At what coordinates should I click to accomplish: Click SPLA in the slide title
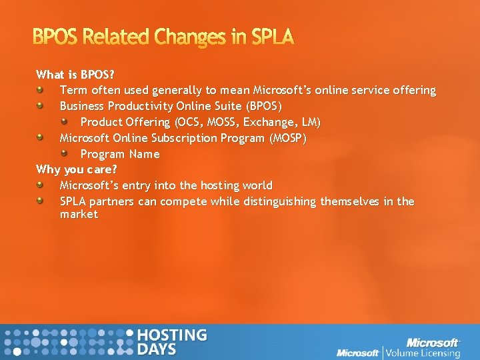(272, 37)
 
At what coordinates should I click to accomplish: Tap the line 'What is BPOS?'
(77, 74)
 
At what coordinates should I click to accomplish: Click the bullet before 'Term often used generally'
(41, 89)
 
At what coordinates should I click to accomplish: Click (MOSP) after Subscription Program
(287, 138)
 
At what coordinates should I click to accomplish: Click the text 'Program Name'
(120, 154)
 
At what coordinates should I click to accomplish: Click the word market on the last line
(79, 215)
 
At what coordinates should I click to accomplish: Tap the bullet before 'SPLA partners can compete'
(41, 200)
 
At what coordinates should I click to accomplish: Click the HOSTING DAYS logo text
(171, 341)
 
